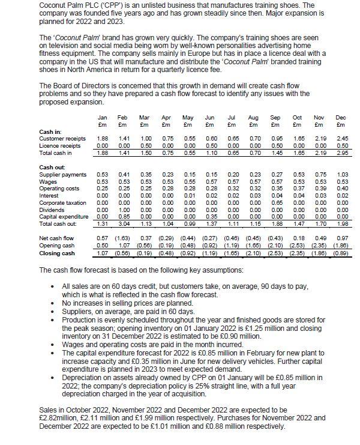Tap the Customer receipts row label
(60, 140)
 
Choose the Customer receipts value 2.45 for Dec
(341, 140)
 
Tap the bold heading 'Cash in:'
(49, 132)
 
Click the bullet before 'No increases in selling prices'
(55, 304)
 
